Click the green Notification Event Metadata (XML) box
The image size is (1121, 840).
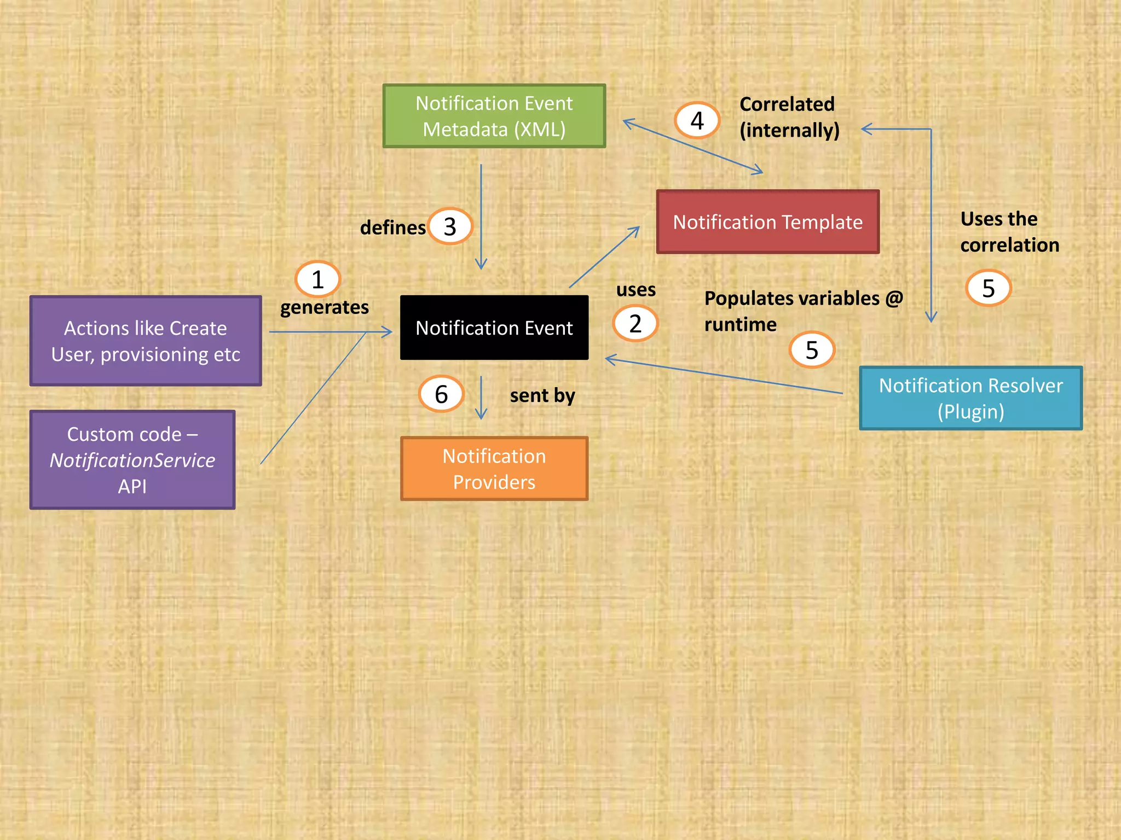pyautogui.click(x=494, y=116)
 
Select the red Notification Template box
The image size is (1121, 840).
pyautogui.click(x=767, y=222)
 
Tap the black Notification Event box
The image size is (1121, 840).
pyautogui.click(x=494, y=328)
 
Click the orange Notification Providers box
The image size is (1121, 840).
pyautogui.click(x=494, y=469)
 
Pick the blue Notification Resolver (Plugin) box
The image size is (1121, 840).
pyautogui.click(x=970, y=398)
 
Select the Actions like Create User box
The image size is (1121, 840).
pyautogui.click(x=146, y=341)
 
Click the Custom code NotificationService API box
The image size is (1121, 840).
pyautogui.click(x=132, y=460)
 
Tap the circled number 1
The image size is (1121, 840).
pyautogui.click(x=317, y=279)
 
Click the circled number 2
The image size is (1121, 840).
pyautogui.click(x=635, y=324)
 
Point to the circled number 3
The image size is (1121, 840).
pyautogui.click(x=450, y=226)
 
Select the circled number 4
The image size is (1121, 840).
pyautogui.click(x=697, y=121)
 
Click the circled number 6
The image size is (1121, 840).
pyautogui.click(x=441, y=394)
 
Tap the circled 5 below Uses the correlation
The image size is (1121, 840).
pyautogui.click(x=988, y=288)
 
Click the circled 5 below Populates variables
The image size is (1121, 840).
pyautogui.click(x=812, y=350)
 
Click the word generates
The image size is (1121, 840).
pyautogui.click(x=324, y=307)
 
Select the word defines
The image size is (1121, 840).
pyautogui.click(x=392, y=227)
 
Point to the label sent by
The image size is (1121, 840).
pyautogui.click(x=542, y=395)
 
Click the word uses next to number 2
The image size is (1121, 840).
pyautogui.click(x=635, y=289)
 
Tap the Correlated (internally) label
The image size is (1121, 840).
pyautogui.click(x=788, y=117)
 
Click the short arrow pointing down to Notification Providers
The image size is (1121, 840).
pyautogui.click(x=481, y=398)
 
